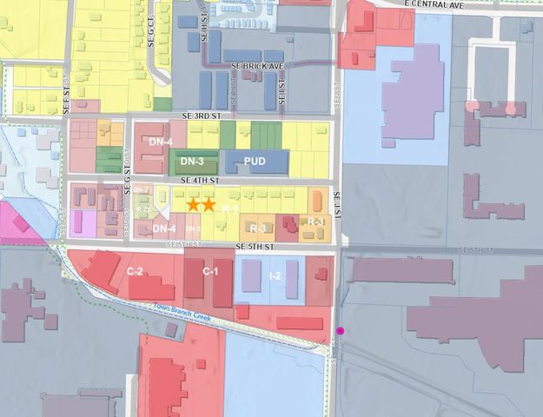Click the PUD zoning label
click(x=255, y=162)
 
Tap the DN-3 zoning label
click(x=192, y=161)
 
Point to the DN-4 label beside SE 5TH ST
click(x=165, y=228)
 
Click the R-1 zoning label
click(x=231, y=209)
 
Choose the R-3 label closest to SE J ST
click(x=315, y=222)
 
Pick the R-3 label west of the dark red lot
click(x=257, y=228)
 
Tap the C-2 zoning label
click(x=135, y=272)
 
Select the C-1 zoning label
click(x=210, y=272)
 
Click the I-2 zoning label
click(x=275, y=276)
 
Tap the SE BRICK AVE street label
click(x=258, y=66)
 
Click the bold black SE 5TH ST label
click(x=255, y=248)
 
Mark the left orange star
click(x=194, y=204)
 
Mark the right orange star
click(x=209, y=204)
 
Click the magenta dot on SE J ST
click(x=341, y=331)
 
